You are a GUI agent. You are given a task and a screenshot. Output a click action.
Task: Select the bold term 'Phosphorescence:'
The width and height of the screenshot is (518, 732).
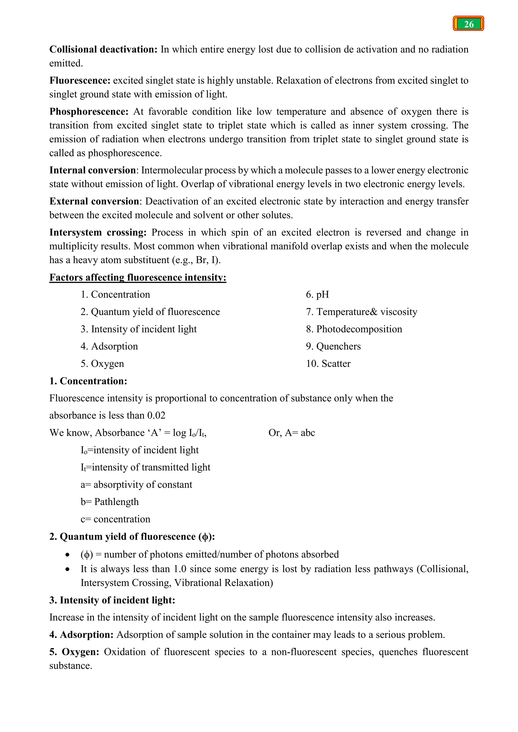pyautogui.click(x=89, y=111)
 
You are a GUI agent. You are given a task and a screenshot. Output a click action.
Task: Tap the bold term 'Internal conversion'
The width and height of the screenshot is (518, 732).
pyautogui.click(x=93, y=170)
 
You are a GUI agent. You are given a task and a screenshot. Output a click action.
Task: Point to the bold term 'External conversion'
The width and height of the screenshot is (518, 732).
pyautogui.click(x=94, y=201)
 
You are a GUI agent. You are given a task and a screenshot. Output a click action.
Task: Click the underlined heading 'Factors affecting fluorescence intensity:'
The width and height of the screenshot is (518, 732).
pyautogui.click(x=138, y=277)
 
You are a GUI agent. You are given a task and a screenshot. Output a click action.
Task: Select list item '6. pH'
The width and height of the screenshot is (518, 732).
pyautogui.click(x=317, y=294)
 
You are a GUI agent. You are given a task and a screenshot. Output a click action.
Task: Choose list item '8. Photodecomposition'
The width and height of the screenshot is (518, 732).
pyautogui.click(x=354, y=329)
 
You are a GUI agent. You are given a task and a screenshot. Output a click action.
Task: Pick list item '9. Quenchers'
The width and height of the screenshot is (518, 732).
pyautogui.click(x=333, y=346)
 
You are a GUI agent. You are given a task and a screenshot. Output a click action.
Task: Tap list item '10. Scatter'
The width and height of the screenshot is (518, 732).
pyautogui.click(x=328, y=363)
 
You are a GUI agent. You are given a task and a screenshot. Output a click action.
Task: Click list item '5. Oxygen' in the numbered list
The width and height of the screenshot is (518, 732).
pyautogui.click(x=102, y=363)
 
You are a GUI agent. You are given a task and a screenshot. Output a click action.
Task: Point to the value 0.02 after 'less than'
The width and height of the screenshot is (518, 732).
pyautogui.click(x=156, y=416)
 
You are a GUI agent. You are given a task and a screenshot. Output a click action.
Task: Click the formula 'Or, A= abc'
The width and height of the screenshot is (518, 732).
pyautogui.click(x=292, y=433)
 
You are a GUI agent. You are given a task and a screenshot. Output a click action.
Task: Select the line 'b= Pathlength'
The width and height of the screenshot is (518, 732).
pyautogui.click(x=110, y=502)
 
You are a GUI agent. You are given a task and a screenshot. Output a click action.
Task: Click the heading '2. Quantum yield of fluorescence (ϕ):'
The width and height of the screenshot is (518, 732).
pyautogui.click(x=132, y=537)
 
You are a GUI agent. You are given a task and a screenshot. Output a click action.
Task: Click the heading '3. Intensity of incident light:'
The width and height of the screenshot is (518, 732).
pyautogui.click(x=112, y=600)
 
